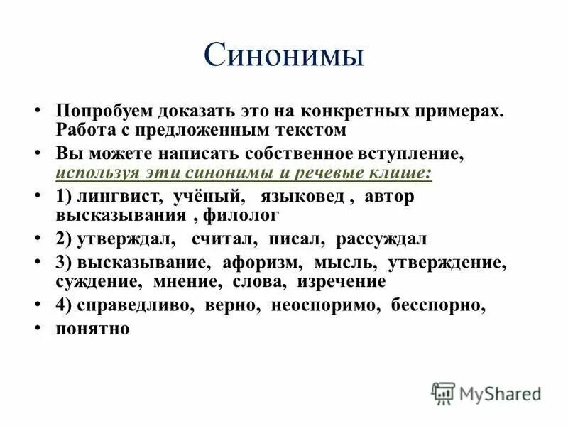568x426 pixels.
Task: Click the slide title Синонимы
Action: click(x=283, y=56)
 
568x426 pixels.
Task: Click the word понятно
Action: click(x=92, y=329)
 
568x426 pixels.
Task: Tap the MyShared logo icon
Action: click(x=443, y=393)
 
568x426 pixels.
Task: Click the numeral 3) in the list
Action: click(x=64, y=263)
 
